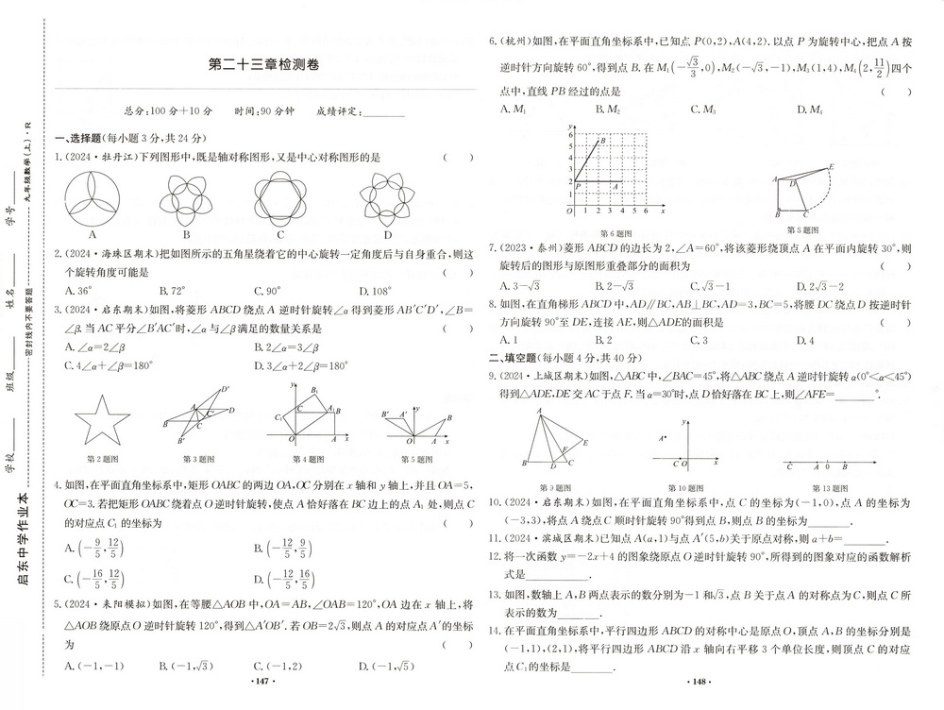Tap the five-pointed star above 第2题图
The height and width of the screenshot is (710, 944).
(x=101, y=422)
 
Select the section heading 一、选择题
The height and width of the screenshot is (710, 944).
(x=80, y=137)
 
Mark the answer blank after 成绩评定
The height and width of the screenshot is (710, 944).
(x=382, y=111)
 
